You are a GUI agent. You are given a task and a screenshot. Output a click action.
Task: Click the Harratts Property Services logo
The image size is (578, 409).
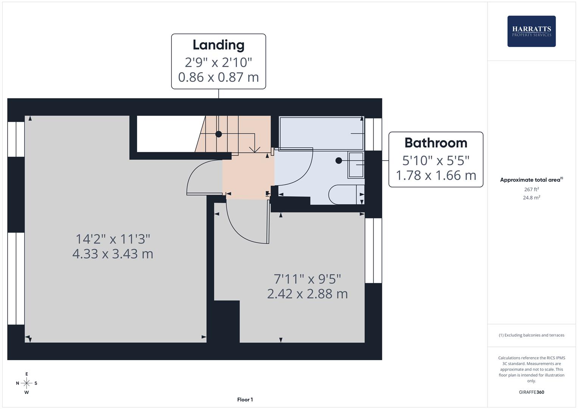tap(531, 31)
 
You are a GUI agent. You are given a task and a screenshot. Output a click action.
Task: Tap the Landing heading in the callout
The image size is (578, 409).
tap(218, 45)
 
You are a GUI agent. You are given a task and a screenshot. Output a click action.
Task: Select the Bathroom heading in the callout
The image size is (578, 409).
tap(436, 143)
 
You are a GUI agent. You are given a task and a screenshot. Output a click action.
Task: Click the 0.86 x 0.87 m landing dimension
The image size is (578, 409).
tap(218, 77)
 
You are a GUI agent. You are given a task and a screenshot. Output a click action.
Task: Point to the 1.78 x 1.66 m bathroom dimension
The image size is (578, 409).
tap(436, 175)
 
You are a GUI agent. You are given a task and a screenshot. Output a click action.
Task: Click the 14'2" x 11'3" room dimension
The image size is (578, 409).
tap(113, 239)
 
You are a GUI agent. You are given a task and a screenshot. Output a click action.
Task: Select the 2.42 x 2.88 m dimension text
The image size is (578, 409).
tap(307, 294)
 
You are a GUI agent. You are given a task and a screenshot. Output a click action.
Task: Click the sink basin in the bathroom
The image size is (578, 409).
tap(356, 165)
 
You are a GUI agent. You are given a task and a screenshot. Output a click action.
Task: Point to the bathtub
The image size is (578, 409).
tap(321, 133)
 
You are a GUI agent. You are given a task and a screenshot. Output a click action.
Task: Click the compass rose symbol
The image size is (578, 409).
tap(26, 383)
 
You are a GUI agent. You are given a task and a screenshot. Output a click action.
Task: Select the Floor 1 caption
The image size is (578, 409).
tap(245, 400)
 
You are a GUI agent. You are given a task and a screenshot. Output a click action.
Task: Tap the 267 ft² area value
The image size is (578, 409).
tap(531, 189)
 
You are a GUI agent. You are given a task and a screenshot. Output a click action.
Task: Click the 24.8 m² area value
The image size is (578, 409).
tap(531, 198)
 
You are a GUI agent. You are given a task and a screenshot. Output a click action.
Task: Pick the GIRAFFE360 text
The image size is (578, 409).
tap(531, 392)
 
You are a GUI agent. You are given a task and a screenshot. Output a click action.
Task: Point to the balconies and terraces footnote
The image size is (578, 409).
tap(531, 335)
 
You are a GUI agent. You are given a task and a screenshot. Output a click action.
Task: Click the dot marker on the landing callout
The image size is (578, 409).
tap(218, 134)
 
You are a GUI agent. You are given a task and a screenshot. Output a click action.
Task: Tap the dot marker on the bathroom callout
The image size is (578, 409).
tap(338, 161)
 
